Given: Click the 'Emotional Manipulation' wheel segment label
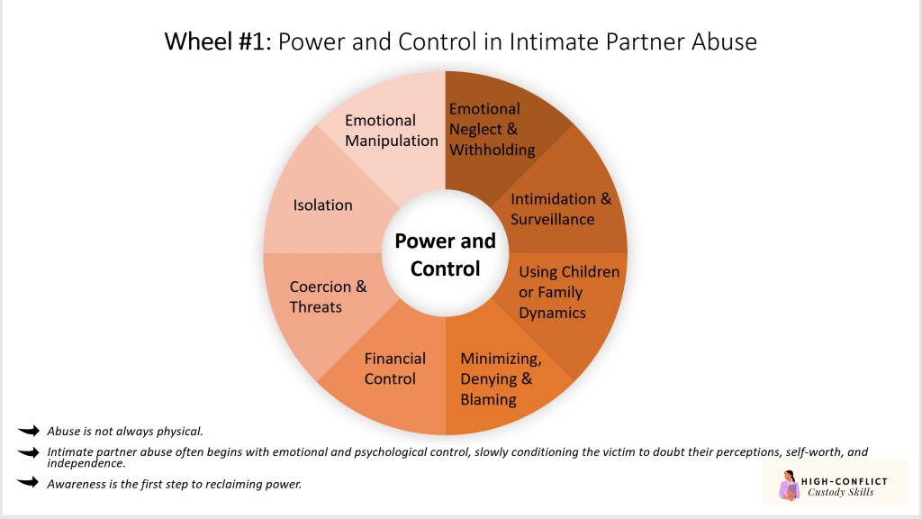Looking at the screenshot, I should pos(392,131).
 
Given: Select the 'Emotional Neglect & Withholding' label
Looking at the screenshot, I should pos(492,129).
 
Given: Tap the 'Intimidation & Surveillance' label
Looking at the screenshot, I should pos(560,209).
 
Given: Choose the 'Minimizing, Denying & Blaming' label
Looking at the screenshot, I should pos(501,379).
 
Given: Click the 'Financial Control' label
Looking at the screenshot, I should pos(394,369).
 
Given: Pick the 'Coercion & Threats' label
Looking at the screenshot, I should pos(328,296).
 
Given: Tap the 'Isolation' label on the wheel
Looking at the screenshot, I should pos(322,205).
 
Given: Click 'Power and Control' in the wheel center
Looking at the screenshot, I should pos(445,254).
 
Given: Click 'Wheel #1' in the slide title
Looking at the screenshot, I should pos(215,41).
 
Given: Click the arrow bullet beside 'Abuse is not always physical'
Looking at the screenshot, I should pos(29,432).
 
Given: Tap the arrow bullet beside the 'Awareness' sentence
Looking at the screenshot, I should pos(29,484).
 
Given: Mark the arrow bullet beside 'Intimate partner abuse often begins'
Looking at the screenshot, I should pos(29,452).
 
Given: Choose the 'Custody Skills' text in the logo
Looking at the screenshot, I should pos(843,492).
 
